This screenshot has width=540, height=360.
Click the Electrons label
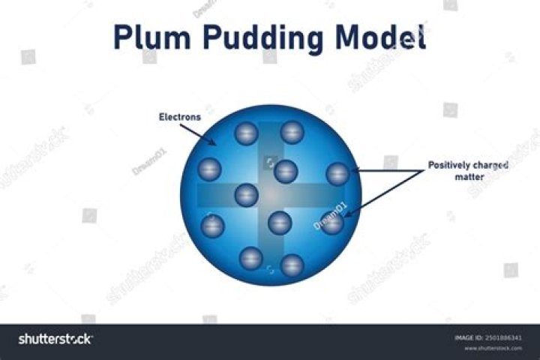pyautogui.click(x=178, y=116)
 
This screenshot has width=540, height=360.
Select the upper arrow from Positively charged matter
pyautogui.click(x=386, y=172)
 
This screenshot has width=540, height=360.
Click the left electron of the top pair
pyautogui.click(x=246, y=134)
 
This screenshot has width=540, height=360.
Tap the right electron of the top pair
pyautogui.click(x=292, y=133)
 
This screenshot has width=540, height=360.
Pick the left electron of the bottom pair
pyautogui.click(x=250, y=258)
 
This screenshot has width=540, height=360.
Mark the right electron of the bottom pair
pyautogui.click(x=292, y=264)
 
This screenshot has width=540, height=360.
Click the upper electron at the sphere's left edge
pyautogui.click(x=209, y=169)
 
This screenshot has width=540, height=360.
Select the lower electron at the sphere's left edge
pyautogui.click(x=212, y=225)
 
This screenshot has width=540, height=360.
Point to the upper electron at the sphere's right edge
pyautogui.click(x=338, y=174)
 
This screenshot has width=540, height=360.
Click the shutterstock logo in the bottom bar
pyautogui.click(x=55, y=339)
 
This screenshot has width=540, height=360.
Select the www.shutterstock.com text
pyautogui.click(x=493, y=348)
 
